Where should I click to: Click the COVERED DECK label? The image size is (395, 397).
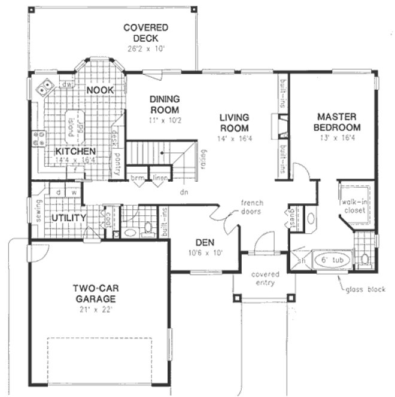pyautogui.click(x=145, y=33)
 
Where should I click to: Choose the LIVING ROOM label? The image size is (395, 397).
pyautogui.click(x=233, y=123)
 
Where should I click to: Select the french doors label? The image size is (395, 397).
pyautogui.click(x=253, y=207)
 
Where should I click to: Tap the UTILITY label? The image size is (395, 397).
pyautogui.click(x=68, y=218)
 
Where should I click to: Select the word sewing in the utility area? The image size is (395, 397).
pyautogui.click(x=39, y=212)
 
